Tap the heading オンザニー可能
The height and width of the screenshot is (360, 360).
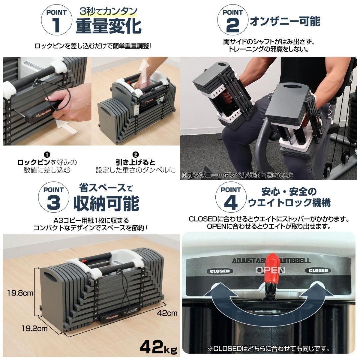pyautogui.click(x=285, y=21)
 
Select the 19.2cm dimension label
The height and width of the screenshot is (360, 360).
pyautogui.click(x=34, y=328)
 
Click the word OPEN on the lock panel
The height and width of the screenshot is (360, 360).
pyautogui.click(x=270, y=270)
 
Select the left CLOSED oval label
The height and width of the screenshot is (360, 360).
pyautogui.click(x=220, y=271)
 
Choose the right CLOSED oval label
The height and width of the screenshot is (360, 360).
pyautogui.click(x=318, y=270)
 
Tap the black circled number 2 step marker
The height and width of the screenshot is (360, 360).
pyautogui.click(x=135, y=155)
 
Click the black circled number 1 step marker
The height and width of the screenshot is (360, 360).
pyautogui.click(x=47, y=154)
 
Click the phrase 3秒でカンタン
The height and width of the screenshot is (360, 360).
pyautogui.click(x=109, y=11)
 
